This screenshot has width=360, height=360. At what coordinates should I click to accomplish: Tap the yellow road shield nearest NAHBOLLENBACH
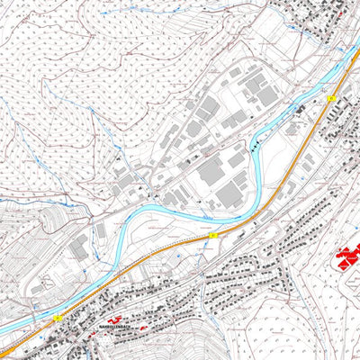57,318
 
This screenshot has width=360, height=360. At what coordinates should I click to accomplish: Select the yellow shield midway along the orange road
213,235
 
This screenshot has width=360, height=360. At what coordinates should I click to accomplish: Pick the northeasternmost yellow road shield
331,97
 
